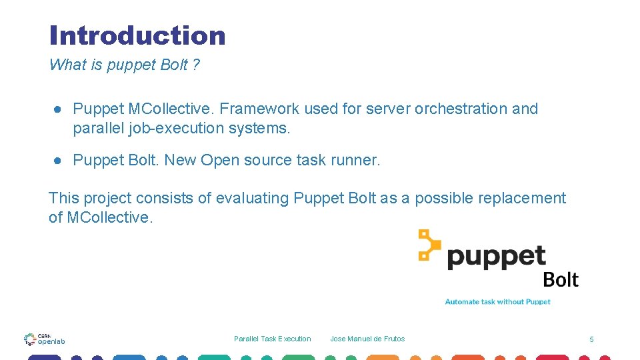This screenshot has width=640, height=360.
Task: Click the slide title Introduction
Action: pos(137,35)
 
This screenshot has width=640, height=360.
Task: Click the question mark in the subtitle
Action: pos(196,65)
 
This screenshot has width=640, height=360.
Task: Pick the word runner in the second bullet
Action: pos(357,160)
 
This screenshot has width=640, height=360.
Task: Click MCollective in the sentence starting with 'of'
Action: pos(110,217)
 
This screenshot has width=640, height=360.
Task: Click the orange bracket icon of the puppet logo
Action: pos(429,245)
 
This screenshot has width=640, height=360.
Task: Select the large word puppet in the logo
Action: pos(497,256)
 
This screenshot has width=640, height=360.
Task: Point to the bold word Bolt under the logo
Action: pos(561,280)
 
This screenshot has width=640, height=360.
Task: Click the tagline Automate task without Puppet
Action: pos(497,302)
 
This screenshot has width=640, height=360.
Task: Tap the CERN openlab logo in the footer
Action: pos(45,339)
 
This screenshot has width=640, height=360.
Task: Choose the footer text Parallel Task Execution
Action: pos(272,339)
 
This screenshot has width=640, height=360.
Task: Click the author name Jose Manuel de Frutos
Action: pos(367,339)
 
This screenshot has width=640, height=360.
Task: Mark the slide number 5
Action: pos(591,340)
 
